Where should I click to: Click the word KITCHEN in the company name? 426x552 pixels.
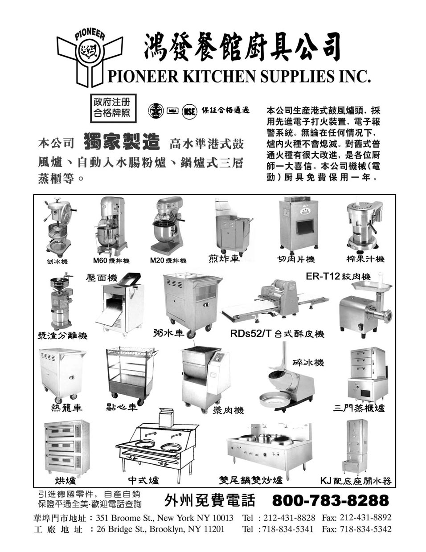(219, 77)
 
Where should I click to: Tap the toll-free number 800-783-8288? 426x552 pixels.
(330, 500)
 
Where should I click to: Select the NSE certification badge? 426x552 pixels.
(189, 111)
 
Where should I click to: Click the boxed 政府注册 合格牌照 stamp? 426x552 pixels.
(113, 108)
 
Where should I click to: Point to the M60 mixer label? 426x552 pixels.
(111, 261)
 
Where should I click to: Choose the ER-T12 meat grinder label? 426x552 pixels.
(338, 276)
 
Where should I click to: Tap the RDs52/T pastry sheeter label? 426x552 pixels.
(277, 333)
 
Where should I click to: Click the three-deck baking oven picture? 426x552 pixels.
(67, 448)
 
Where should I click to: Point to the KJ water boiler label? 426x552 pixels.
(356, 481)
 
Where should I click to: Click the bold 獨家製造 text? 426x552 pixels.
(122, 142)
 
